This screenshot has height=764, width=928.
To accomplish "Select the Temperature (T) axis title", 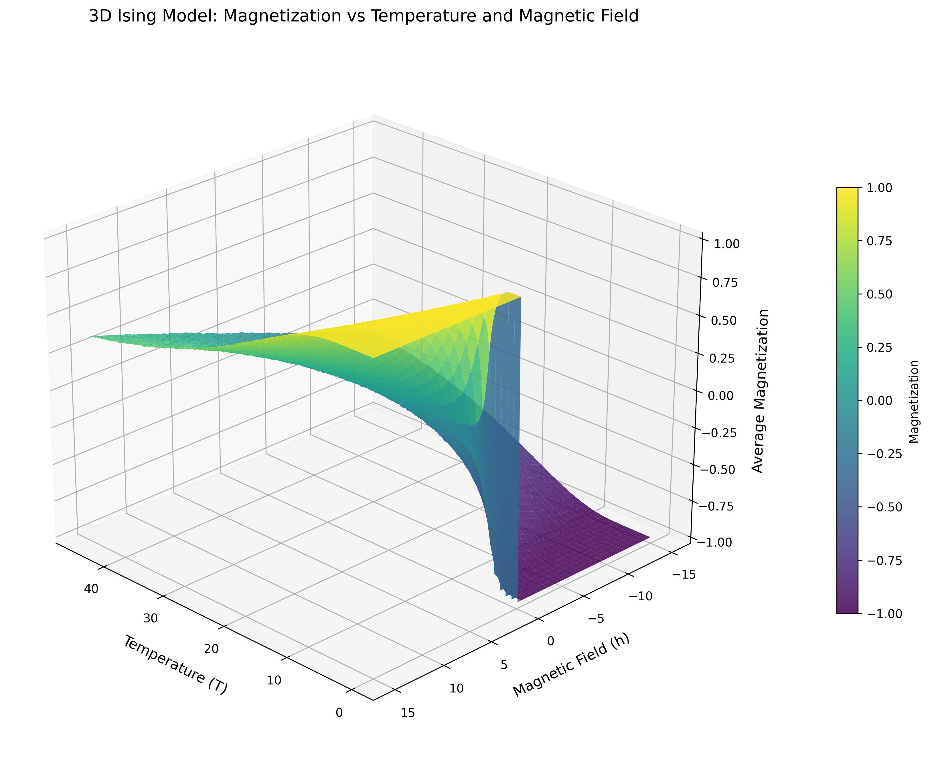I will (175, 664).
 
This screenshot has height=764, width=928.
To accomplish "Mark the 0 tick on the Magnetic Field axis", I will (551, 641).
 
